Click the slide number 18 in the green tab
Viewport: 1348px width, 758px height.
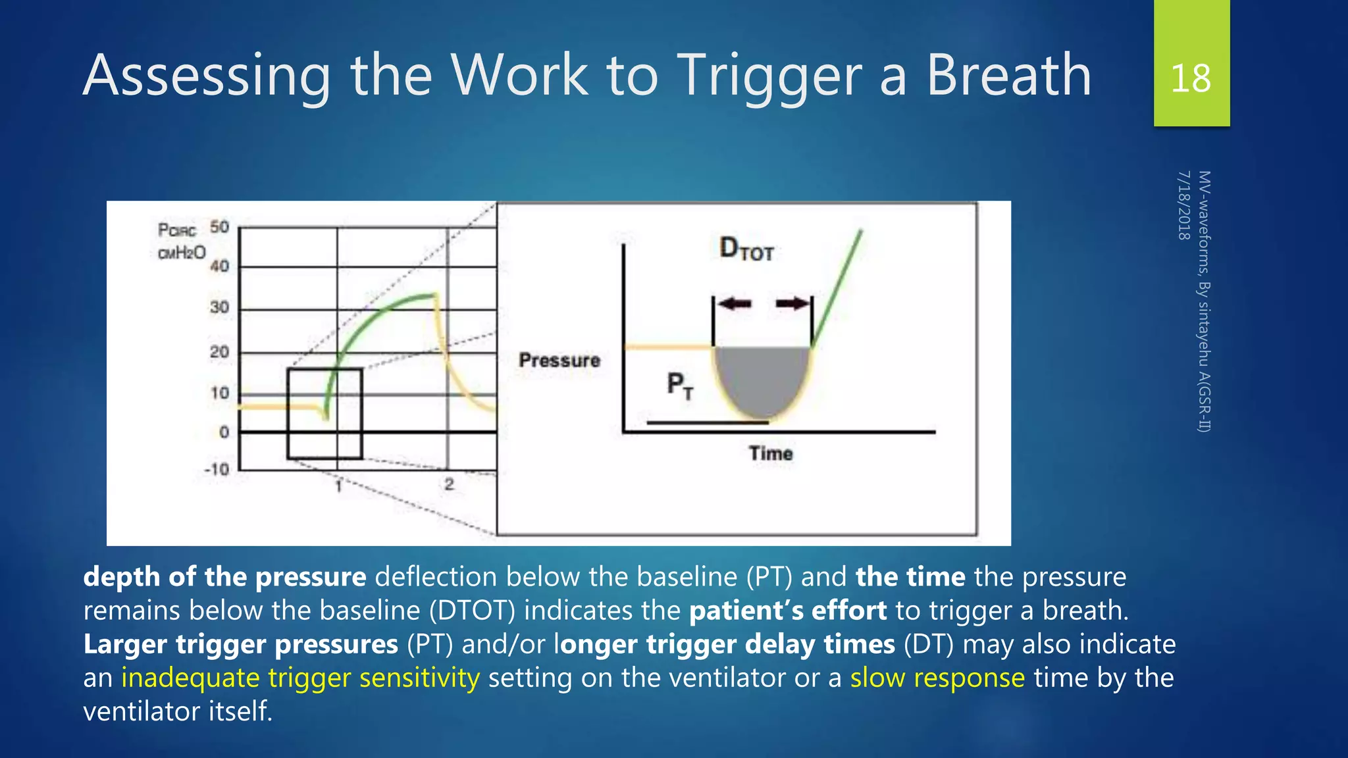(1191, 78)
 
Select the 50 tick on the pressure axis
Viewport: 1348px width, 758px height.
(219, 227)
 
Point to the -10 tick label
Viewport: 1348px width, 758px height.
(217, 469)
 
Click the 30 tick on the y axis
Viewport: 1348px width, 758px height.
(219, 307)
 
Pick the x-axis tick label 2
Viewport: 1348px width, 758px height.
(449, 485)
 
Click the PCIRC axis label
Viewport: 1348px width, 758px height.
(177, 230)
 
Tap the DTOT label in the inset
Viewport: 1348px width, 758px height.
(746, 249)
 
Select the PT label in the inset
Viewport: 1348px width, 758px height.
(680, 385)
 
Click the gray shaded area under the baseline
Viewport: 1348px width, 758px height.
(762, 378)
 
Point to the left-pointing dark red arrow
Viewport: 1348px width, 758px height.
(735, 303)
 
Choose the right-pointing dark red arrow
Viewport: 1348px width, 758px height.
(792, 303)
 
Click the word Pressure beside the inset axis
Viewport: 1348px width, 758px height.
(559, 360)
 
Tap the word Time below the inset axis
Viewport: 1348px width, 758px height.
(770, 453)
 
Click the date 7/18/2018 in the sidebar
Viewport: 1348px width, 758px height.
(1183, 205)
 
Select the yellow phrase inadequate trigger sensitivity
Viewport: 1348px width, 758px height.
(300, 678)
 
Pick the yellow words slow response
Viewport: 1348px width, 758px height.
(937, 678)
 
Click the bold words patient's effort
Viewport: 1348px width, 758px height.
(787, 611)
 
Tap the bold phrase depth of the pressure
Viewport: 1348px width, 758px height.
(224, 577)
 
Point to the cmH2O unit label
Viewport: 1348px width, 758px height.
(182, 253)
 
